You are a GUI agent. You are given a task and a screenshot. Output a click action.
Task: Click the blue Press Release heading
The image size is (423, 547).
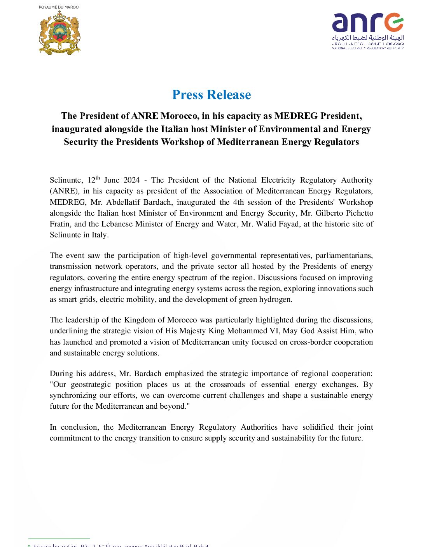[211, 95]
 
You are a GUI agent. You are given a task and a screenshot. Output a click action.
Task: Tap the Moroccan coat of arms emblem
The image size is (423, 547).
[59, 33]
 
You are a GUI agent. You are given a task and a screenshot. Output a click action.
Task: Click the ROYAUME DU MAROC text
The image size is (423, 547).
[59, 7]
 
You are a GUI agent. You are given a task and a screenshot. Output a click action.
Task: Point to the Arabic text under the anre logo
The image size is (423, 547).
[368, 38]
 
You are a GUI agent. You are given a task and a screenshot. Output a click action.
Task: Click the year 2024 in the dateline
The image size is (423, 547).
[131, 180]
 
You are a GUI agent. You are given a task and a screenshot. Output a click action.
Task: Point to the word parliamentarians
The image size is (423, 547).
[344, 256]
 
